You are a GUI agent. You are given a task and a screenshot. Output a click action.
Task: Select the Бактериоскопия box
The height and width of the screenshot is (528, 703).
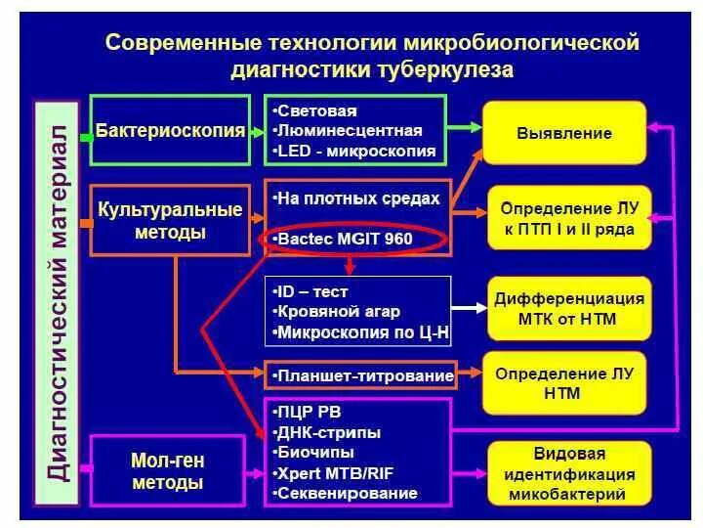[170, 130]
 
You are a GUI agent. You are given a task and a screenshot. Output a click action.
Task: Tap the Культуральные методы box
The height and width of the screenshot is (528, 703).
[170, 221]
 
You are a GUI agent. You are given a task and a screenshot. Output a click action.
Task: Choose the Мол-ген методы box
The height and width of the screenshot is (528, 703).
[167, 471]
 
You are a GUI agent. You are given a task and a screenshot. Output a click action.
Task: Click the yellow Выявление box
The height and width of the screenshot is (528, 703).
[565, 133]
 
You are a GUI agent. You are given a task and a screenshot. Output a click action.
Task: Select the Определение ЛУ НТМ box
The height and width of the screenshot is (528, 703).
[565, 383]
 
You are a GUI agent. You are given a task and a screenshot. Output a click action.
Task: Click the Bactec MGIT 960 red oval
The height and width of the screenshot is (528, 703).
[352, 238]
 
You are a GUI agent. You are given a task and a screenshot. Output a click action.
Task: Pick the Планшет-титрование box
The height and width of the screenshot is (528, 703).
[358, 374]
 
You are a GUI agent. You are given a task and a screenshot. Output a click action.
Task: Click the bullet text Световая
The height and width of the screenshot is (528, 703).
[316, 110]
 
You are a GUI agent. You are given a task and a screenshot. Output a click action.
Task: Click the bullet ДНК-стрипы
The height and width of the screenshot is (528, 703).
[329, 432]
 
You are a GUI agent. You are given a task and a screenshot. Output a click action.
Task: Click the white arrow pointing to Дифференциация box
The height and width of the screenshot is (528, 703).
[468, 306]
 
